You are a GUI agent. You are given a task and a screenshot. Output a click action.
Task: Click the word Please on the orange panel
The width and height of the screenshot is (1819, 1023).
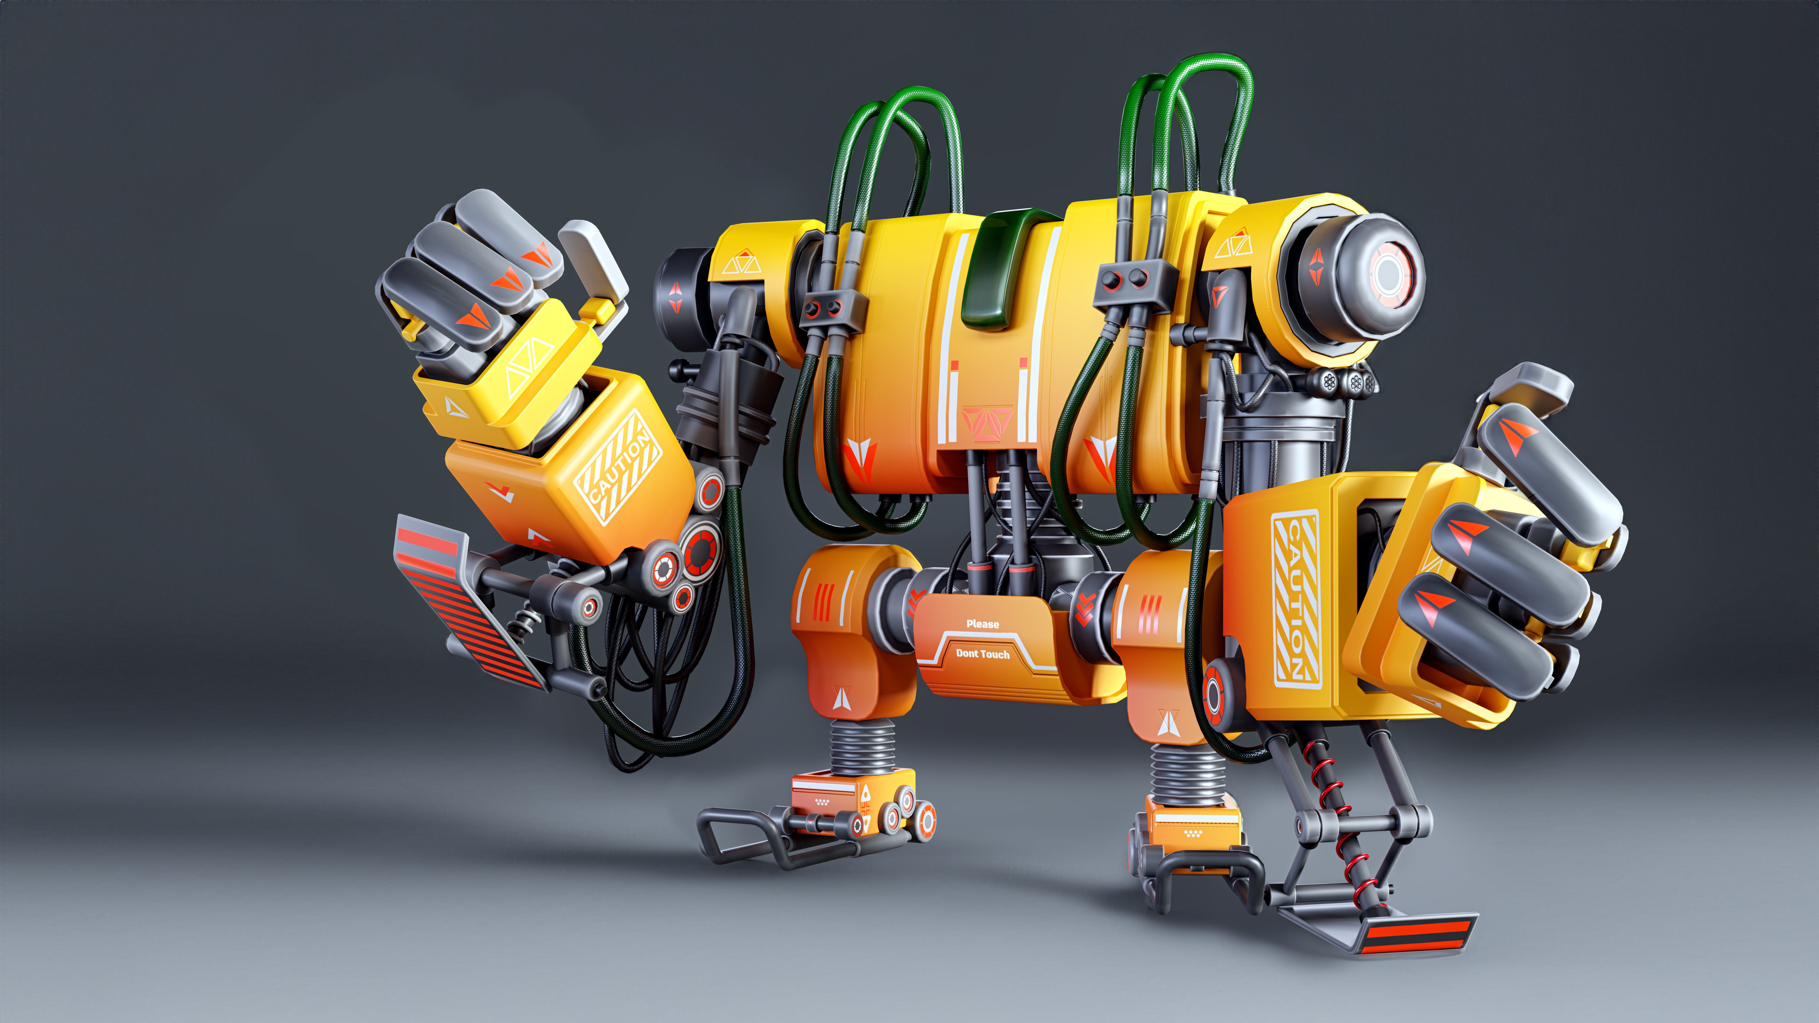click(982, 623)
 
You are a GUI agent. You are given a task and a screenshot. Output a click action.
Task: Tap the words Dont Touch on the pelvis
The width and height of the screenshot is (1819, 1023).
click(982, 654)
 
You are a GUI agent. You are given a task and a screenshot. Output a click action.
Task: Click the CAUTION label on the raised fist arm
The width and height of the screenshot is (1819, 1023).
click(619, 466)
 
